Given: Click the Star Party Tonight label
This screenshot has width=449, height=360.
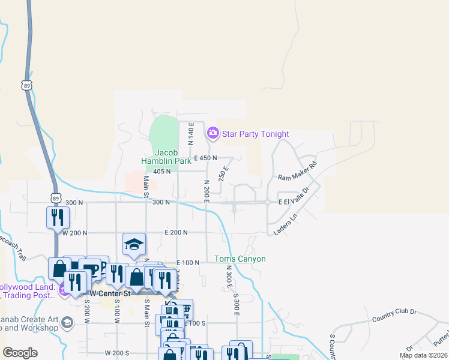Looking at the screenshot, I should point(256,134).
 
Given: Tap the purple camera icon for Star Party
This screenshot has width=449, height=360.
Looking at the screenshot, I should point(212,133).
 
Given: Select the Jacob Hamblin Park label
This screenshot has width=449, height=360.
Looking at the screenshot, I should point(166,157).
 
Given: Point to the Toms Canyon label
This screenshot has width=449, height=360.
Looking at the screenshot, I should point(240,259).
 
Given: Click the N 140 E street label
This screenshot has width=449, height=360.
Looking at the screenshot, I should point(190,134).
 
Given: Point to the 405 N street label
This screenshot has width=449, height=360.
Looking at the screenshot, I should point(162,171).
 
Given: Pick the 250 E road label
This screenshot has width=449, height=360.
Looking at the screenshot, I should point(224,174).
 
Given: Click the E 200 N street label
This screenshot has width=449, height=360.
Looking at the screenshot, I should point(176,232).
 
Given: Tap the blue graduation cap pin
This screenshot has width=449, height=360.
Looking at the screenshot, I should point(134,243).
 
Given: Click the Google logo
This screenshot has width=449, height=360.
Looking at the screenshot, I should point(20,353).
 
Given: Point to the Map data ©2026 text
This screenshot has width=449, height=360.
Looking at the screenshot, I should point(423,356).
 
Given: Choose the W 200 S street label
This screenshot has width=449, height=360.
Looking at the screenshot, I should point(118,353).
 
